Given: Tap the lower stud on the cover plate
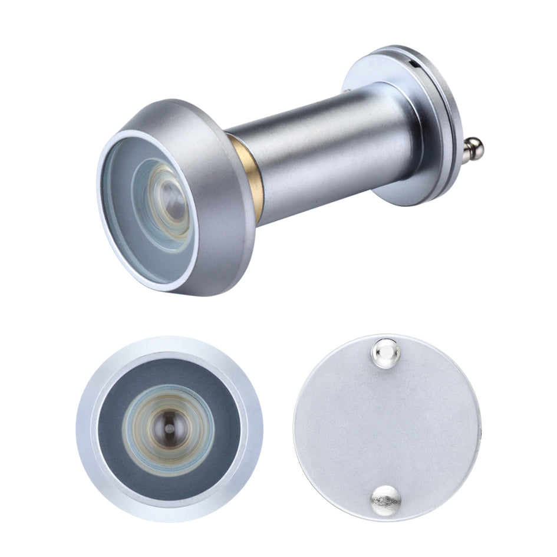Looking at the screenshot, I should tap(385, 499).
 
